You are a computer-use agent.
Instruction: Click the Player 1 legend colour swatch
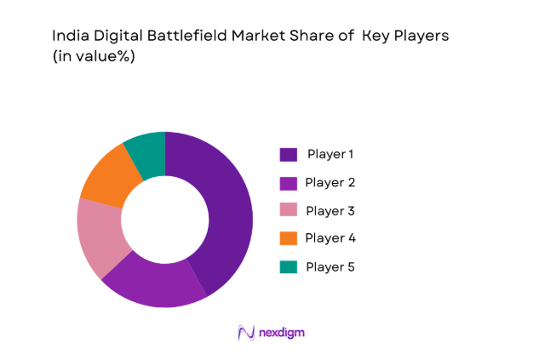[x=289, y=154]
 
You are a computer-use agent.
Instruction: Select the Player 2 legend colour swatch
[x=289, y=182]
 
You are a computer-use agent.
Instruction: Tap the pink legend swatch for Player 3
[x=289, y=210]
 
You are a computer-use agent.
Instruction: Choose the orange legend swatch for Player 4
[x=289, y=238]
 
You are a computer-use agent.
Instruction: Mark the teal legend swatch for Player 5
[x=289, y=266]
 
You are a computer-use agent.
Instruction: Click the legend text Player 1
[x=330, y=154]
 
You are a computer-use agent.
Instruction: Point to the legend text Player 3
[x=330, y=210]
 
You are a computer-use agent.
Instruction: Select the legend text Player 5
[x=330, y=266]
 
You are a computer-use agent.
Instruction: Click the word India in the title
[x=68, y=37]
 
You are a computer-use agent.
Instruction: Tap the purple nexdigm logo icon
[x=246, y=333]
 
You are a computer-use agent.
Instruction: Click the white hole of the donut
[x=165, y=220]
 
